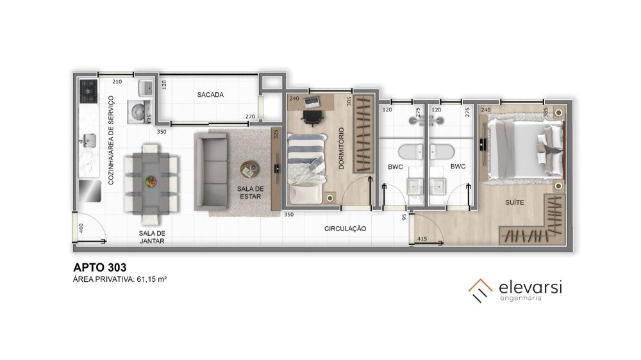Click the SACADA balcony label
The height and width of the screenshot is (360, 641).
pos(210,95)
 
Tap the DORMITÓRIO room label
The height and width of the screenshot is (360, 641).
pos(342,149)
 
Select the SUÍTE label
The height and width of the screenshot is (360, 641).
pos(514,202)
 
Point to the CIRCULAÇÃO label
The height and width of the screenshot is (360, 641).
pos(345,229)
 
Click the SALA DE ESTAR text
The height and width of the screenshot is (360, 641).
pos(250,192)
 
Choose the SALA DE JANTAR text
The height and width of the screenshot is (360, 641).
pos(152,237)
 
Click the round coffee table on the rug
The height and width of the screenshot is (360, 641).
pos(249,169)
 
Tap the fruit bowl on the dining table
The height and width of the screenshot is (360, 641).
pos(151,181)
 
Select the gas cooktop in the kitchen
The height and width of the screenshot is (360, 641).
pos(88,92)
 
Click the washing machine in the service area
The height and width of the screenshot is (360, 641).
pos(137,112)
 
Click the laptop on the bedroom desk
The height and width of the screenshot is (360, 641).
pos(312,102)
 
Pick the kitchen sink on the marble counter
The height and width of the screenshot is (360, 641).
pos(88,141)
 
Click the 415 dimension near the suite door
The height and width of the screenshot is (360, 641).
pos(422,239)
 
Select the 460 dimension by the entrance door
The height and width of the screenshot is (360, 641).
pos(81,228)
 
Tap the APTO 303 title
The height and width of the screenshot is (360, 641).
pos(100,268)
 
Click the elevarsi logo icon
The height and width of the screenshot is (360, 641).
pos(480,291)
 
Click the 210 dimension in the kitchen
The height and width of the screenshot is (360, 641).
pos(117,82)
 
